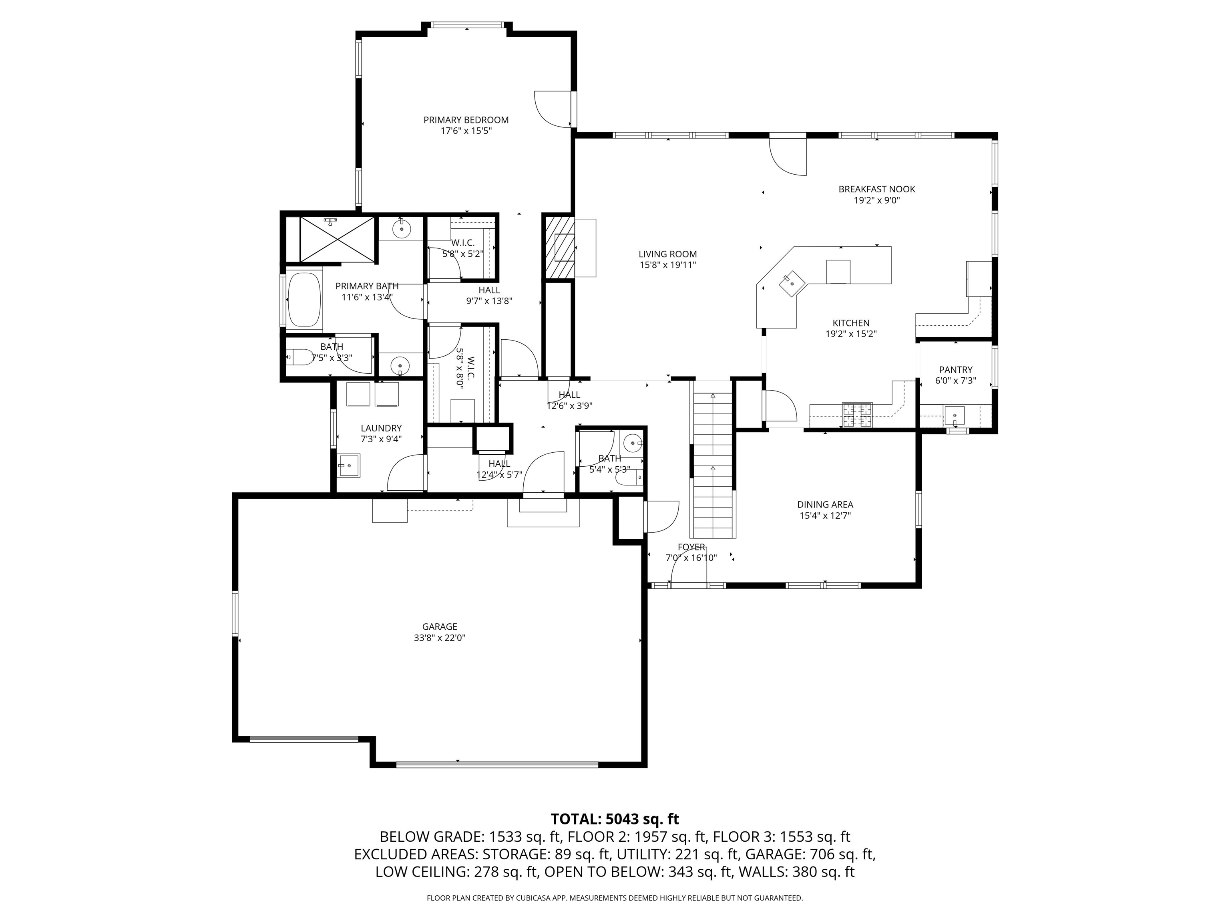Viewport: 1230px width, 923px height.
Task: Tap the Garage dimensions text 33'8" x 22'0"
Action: point(439,638)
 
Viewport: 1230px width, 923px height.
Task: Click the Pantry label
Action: point(955,369)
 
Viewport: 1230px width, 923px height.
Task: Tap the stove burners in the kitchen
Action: point(857,415)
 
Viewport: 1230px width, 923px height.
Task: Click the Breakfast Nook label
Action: point(876,189)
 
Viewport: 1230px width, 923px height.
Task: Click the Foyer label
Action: point(691,547)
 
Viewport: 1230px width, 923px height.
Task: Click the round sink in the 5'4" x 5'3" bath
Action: point(632,443)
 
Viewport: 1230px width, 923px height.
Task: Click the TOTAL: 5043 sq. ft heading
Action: point(615,819)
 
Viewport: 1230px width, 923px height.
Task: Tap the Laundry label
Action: point(381,428)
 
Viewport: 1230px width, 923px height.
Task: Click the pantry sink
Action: point(954,415)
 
